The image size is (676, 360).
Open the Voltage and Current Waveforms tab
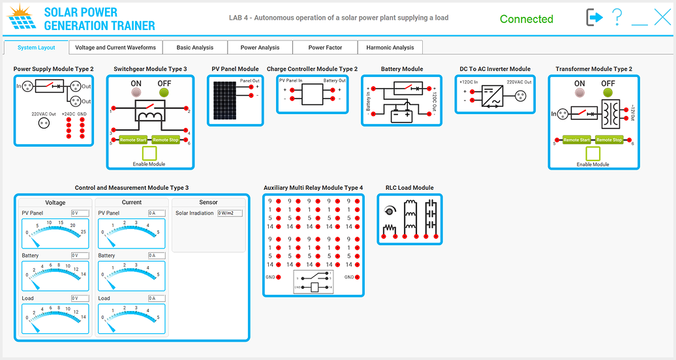pyautogui.click(x=115, y=48)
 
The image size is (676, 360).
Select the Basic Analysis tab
pyautogui.click(x=194, y=48)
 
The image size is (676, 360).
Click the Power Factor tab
pyautogui.click(x=325, y=48)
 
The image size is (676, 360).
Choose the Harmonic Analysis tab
pyautogui.click(x=390, y=48)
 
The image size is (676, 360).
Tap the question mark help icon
pyautogui.click(x=617, y=18)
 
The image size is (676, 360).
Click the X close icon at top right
pyautogui.click(x=662, y=18)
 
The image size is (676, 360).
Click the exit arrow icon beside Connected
pyautogui.click(x=594, y=18)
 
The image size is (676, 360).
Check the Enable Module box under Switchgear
pyautogui.click(x=149, y=153)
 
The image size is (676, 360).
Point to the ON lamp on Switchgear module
pyautogui.click(x=136, y=93)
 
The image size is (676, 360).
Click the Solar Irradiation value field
pyautogui.click(x=229, y=213)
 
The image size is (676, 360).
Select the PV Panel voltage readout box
pyautogui.click(x=80, y=213)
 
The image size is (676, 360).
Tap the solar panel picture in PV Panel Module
pyautogui.click(x=224, y=101)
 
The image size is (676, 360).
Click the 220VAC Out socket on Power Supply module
pyautogui.click(x=44, y=125)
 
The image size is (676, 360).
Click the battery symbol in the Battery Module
pyautogui.click(x=400, y=116)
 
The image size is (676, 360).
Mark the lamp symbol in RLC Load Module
pyautogui.click(x=390, y=211)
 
